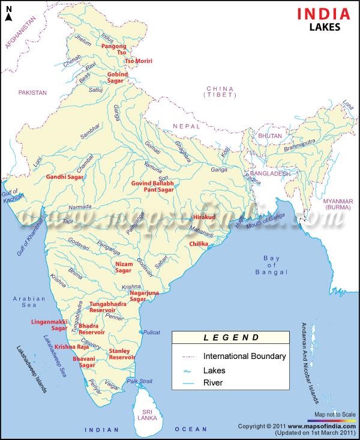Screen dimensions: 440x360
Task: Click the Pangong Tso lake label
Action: coord(114,49)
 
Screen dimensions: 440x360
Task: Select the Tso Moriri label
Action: coord(138,61)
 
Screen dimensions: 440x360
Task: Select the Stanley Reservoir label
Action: coord(122,354)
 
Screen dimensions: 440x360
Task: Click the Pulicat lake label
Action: coord(152,331)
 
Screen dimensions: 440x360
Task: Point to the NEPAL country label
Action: coord(185,125)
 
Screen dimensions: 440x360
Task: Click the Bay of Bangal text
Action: coord(272,265)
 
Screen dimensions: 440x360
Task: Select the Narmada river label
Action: coord(80,207)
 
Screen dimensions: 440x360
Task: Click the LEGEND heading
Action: coord(231,338)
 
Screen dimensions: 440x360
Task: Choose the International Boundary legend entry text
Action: coord(244,356)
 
